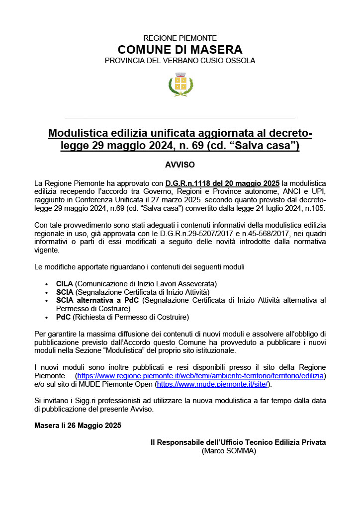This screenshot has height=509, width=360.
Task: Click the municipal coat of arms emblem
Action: (180, 84)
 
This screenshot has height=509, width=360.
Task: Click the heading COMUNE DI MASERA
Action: (180, 50)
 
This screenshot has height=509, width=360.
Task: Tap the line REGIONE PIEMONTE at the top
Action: (180, 38)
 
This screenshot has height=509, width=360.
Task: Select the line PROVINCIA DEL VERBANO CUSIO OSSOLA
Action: (180, 61)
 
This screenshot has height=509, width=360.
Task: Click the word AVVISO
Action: (180, 165)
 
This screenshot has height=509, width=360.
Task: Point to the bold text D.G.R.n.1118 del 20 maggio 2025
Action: (223, 183)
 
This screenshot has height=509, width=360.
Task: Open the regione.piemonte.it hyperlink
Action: (200, 375)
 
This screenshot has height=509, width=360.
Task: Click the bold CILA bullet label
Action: (65, 283)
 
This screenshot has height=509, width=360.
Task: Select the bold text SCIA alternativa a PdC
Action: (97, 300)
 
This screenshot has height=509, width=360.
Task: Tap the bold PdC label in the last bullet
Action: (63, 317)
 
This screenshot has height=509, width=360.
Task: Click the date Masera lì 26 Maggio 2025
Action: (78, 425)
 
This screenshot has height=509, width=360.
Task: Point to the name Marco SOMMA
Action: (229, 451)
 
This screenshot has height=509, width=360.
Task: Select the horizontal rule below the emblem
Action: (180, 118)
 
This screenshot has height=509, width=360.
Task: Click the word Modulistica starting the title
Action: (78, 133)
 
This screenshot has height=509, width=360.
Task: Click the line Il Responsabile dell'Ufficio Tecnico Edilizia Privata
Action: (238, 442)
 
